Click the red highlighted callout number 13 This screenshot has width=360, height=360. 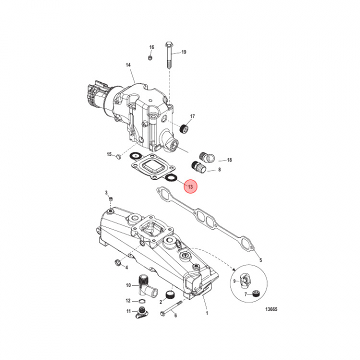tap(190, 186)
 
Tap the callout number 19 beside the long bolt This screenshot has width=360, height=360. tap(183, 52)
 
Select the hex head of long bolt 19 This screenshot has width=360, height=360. tap(169, 43)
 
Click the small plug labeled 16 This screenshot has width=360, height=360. tap(150, 57)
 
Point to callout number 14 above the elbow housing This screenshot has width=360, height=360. tap(128, 65)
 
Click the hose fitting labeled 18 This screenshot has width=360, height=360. tap(206, 156)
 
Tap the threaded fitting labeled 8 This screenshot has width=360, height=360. tap(198, 167)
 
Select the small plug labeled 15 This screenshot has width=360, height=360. tap(118, 157)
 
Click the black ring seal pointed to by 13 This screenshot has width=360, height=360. tap(170, 177)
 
